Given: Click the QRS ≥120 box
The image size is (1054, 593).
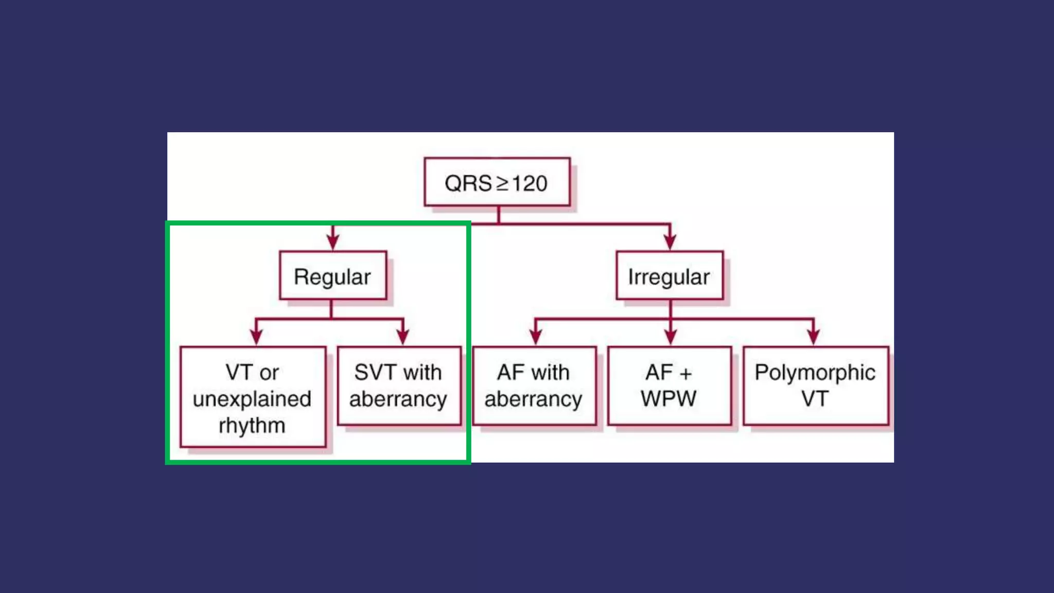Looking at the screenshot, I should [497, 182].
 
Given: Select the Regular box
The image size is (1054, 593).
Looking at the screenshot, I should [332, 276].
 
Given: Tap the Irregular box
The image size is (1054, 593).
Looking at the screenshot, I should [670, 276].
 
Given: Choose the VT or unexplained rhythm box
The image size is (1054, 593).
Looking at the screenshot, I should [253, 397].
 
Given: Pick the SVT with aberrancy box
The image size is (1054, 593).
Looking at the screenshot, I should [399, 386].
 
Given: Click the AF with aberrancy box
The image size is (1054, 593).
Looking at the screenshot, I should [534, 386].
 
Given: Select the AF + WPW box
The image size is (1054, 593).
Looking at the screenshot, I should [669, 386].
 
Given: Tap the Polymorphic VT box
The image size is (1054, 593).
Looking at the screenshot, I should [816, 386].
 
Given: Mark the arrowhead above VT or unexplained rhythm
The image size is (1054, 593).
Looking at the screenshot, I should [256, 336].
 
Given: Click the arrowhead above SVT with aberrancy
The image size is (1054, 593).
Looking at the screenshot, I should [403, 336].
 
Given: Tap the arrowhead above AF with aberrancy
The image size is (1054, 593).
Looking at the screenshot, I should [536, 336].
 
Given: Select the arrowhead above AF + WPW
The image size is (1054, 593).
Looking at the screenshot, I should [670, 336].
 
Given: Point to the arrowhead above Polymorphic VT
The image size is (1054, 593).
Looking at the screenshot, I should [813, 336].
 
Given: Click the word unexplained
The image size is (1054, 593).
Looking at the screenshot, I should [252, 399].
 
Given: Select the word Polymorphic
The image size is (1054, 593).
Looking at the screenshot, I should [815, 373].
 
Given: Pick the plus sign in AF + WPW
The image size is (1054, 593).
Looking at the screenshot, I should [686, 374].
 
